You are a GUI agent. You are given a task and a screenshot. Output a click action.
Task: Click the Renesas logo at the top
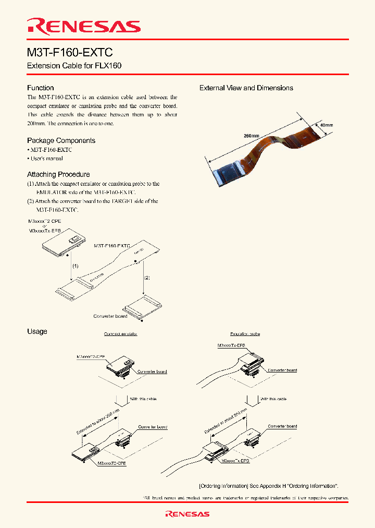coord(84,26)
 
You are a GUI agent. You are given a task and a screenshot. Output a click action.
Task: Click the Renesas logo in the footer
coord(187,514)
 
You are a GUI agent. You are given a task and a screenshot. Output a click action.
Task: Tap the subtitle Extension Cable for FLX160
coord(74,67)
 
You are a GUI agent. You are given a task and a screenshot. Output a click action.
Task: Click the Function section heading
coord(40,88)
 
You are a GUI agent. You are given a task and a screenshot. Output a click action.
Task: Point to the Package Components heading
coord(61,140)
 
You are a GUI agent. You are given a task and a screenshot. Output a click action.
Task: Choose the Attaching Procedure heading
coord(58,174)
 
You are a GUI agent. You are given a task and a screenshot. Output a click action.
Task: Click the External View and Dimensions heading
coord(246,88)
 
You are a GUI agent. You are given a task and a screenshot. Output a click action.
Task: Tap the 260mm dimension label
coord(251,136)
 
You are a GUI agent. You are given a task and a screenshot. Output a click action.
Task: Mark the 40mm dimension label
coord(326,125)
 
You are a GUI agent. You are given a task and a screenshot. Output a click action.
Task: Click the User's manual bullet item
coord(46,158)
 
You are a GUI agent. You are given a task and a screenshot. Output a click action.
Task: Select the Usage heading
coord(37,331)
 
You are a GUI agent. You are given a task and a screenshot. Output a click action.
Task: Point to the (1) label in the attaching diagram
coord(76,266)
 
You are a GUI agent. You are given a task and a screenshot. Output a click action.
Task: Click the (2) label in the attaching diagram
coord(147,278)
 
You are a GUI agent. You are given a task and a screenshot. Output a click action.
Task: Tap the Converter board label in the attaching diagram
coord(110,316)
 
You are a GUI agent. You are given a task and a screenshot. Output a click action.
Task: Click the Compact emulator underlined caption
coord(120,334)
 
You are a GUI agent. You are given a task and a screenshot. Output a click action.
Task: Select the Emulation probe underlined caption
coord(245,334)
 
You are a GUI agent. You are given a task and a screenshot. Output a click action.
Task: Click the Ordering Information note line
coord(269,486)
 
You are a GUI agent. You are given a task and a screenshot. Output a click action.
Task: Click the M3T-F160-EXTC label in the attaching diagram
coord(112,245)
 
